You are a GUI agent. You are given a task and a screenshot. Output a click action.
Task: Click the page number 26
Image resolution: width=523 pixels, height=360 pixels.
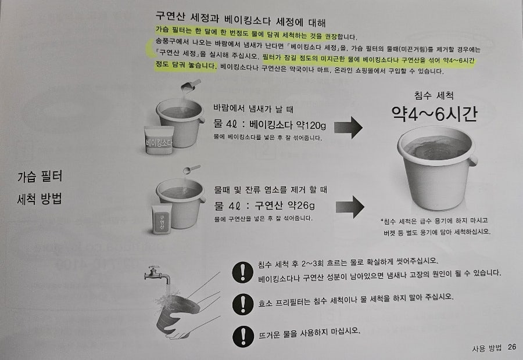pos(512,347)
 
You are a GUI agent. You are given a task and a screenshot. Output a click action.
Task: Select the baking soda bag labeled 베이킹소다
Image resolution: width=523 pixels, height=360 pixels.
pos(159,140)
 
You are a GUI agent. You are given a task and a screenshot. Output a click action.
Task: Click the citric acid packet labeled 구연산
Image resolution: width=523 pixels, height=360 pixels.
pos(162,219)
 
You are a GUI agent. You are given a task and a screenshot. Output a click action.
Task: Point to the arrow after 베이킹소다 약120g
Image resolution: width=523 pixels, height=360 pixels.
pos(348,127)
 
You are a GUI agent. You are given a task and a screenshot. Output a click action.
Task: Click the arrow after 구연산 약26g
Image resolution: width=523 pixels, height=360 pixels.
pos(350,207)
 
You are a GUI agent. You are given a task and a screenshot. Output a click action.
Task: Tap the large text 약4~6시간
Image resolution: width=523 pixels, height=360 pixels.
pos(434,114)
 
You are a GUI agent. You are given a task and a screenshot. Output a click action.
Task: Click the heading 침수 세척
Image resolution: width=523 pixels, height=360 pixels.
pos(434,96)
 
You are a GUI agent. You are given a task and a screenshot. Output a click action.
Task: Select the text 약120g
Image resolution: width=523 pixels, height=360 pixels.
pos(311,125)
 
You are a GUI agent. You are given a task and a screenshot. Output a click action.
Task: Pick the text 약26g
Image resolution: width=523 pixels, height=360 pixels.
pos(301,206)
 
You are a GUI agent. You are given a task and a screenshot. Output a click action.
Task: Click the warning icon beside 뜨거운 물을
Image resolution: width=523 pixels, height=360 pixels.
pos(243,336)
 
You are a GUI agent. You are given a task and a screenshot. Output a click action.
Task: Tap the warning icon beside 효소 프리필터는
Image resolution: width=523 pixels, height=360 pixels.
pos(243,304)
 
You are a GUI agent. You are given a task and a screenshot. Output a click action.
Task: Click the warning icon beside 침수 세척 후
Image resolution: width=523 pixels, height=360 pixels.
pos(243,272)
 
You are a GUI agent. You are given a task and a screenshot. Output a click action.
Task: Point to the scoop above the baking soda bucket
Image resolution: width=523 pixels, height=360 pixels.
pos(191,86)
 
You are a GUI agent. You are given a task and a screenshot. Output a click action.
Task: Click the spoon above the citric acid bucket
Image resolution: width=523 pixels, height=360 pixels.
pos(191,170)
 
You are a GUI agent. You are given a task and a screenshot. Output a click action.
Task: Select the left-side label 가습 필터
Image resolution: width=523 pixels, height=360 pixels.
pos(40,177)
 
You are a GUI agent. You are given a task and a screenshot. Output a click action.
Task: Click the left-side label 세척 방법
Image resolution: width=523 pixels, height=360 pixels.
pos(40,199)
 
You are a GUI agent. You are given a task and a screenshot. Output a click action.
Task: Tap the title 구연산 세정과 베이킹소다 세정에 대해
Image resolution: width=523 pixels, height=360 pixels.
pos(241,19)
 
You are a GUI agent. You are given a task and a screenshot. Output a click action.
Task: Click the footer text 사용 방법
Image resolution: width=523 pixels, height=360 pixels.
pos(486,348)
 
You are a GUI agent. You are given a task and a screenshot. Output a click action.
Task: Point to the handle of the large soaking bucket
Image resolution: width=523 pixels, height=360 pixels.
pos(472,161)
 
